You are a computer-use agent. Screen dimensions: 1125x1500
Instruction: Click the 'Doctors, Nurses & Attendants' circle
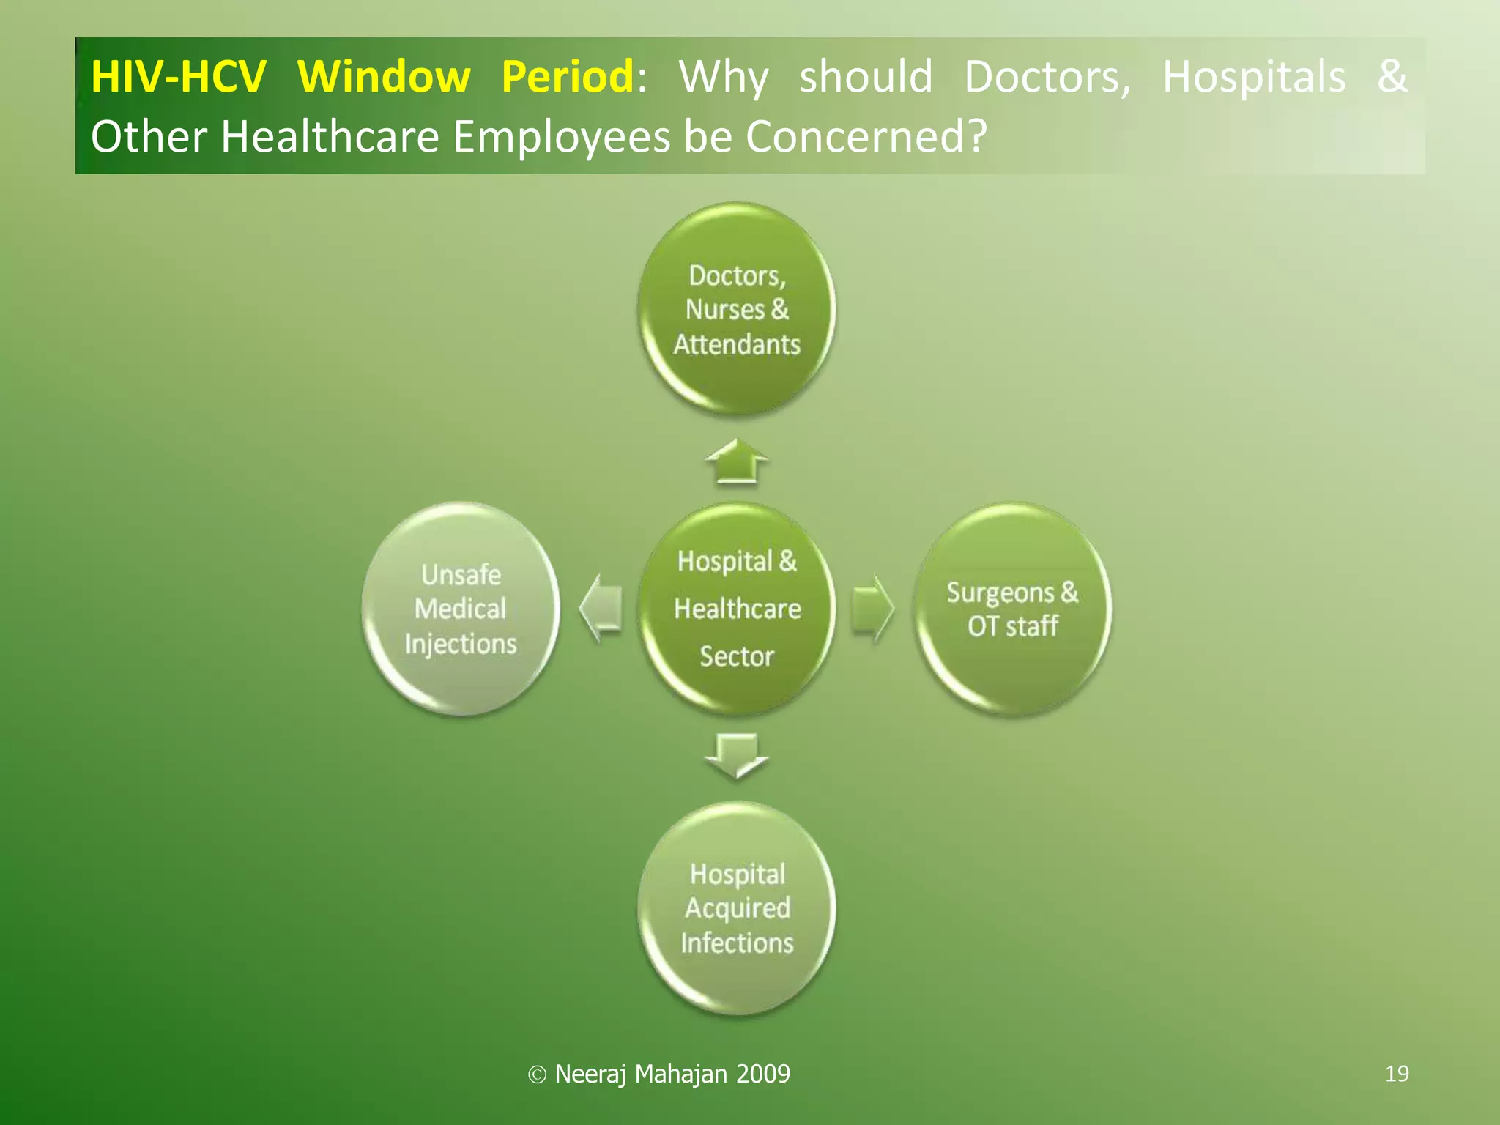736,309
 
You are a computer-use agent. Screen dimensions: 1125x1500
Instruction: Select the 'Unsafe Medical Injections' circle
461,609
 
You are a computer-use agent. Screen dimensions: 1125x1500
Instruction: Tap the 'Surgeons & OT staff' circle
1012,609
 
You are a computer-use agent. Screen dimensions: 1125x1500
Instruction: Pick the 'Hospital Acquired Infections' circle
736,908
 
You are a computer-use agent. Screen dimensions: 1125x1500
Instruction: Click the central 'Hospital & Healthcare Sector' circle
736,609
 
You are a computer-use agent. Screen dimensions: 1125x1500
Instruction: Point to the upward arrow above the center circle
736,462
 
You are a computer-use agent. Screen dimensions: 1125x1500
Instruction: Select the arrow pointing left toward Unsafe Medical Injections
601,608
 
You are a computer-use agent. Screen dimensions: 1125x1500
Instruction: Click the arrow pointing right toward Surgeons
873,608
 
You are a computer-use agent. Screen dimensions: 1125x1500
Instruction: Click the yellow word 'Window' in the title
384,77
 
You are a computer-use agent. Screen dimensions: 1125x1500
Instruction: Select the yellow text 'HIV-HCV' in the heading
178,77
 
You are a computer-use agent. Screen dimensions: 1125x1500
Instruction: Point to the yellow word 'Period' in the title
568,77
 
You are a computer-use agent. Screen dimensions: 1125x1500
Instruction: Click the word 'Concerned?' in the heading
866,137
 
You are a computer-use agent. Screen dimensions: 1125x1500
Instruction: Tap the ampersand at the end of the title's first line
1392,75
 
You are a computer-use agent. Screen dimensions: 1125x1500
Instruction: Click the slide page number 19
1397,1074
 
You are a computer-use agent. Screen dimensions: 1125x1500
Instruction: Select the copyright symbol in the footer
537,1074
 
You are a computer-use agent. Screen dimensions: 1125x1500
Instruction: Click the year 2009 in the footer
763,1074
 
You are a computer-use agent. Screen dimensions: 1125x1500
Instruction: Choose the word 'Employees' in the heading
561,137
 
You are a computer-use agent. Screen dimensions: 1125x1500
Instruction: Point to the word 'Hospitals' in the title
1254,77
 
